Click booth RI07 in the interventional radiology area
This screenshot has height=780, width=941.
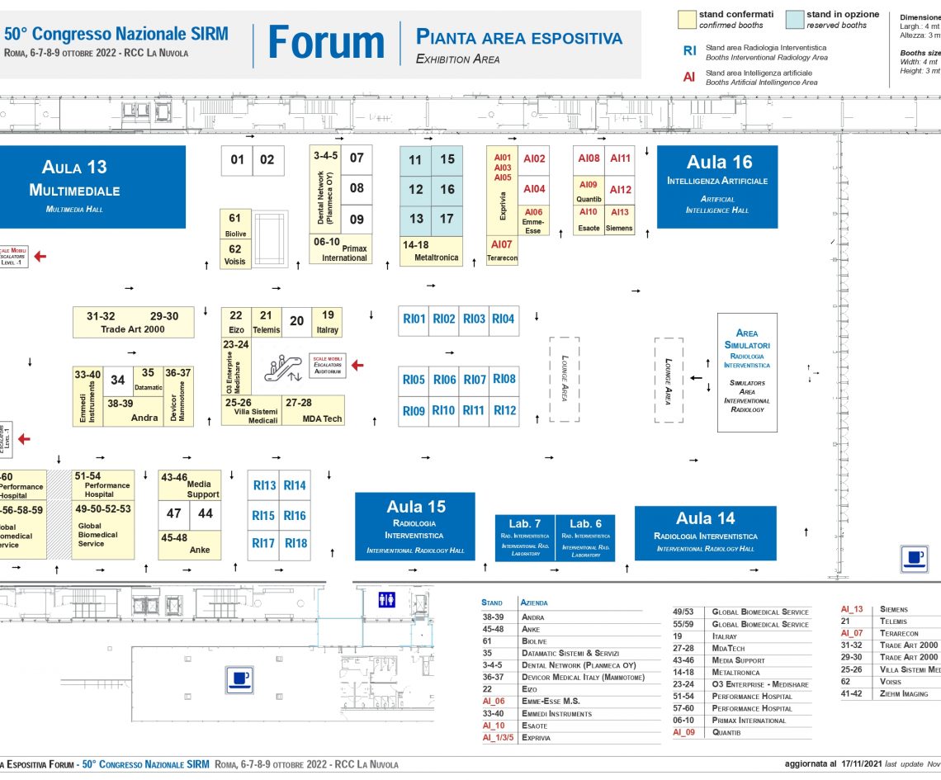(x=475, y=380)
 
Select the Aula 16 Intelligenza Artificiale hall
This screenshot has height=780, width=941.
(x=717, y=187)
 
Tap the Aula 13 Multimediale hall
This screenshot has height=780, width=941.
(x=74, y=187)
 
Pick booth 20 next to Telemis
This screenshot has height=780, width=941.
(x=296, y=322)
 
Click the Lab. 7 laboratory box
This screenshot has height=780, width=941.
(x=526, y=537)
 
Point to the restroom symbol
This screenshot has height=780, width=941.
(x=386, y=600)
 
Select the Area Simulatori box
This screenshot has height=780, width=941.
(x=747, y=371)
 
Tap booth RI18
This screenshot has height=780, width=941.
(x=295, y=543)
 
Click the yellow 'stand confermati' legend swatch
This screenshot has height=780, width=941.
(x=686, y=20)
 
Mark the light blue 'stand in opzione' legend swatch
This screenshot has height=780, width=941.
(x=794, y=20)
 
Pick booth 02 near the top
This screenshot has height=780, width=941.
(x=267, y=160)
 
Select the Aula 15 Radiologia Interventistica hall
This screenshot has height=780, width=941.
(x=415, y=526)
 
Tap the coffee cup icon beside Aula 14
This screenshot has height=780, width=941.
(x=914, y=559)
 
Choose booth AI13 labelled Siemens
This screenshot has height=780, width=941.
(x=620, y=220)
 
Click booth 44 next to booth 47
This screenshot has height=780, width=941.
(x=206, y=513)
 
